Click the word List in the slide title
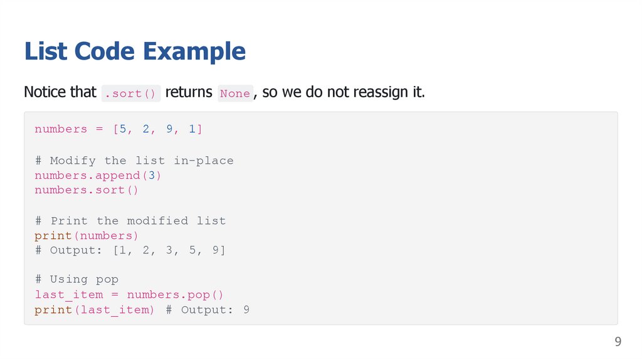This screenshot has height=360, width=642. (x=46, y=51)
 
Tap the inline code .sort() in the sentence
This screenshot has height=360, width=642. (x=132, y=93)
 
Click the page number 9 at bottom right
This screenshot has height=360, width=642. (x=618, y=342)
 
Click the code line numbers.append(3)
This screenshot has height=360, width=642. (x=98, y=176)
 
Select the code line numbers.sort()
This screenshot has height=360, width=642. (x=87, y=190)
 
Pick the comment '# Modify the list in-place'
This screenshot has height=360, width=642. (x=134, y=161)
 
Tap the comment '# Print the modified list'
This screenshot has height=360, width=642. (x=130, y=221)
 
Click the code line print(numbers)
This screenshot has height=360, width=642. (x=87, y=236)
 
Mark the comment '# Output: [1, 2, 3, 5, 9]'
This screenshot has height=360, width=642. (x=130, y=251)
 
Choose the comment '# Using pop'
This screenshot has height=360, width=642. (x=76, y=280)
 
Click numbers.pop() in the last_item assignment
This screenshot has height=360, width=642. (x=176, y=295)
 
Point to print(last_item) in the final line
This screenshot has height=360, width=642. (x=95, y=310)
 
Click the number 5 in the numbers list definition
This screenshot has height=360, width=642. (x=123, y=129)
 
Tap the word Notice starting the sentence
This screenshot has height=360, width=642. (x=44, y=92)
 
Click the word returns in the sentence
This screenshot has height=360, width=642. (x=189, y=92)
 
